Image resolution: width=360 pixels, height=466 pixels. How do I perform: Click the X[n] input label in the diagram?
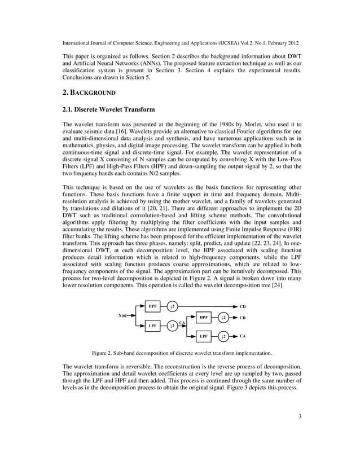point(122,315)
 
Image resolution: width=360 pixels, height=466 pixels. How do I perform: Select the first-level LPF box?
point(152,326)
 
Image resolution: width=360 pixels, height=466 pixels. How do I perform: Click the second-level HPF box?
point(203,318)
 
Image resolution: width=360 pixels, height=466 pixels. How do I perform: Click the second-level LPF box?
point(203,337)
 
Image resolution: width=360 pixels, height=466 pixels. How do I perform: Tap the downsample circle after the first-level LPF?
point(173,326)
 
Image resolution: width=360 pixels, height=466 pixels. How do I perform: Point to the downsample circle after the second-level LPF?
point(224,337)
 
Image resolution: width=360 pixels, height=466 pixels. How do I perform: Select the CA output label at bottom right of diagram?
point(242,336)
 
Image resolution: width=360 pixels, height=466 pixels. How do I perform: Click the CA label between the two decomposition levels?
point(182,322)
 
